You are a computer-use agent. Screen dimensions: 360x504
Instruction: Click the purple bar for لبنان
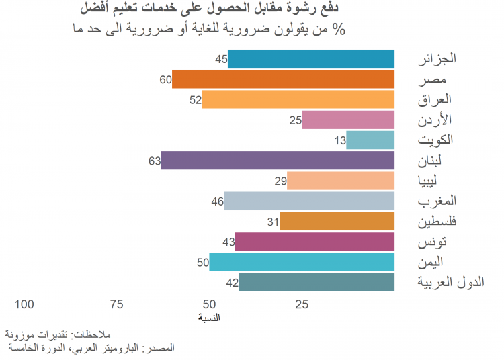tap(277, 161)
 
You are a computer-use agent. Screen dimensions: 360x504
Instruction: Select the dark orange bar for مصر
tap(282, 79)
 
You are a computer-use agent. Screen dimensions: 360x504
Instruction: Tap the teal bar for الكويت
tap(370, 140)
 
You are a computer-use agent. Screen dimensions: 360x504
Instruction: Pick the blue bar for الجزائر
tap(310, 59)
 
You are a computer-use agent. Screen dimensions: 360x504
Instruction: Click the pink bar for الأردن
tap(347, 120)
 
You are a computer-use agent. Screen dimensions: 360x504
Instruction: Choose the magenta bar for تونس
tap(314, 242)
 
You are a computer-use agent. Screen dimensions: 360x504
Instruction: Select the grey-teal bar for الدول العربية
tap(316, 282)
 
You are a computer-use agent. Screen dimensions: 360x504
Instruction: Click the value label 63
tap(154, 161)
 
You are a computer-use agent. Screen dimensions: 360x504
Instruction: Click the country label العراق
tap(435, 100)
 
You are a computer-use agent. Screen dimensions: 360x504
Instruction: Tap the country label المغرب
tap(437, 201)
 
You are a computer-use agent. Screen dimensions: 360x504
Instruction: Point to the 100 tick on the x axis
tap(24, 304)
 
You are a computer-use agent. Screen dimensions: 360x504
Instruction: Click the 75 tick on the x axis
tap(116, 304)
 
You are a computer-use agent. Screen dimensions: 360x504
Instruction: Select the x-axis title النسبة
tap(209, 317)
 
